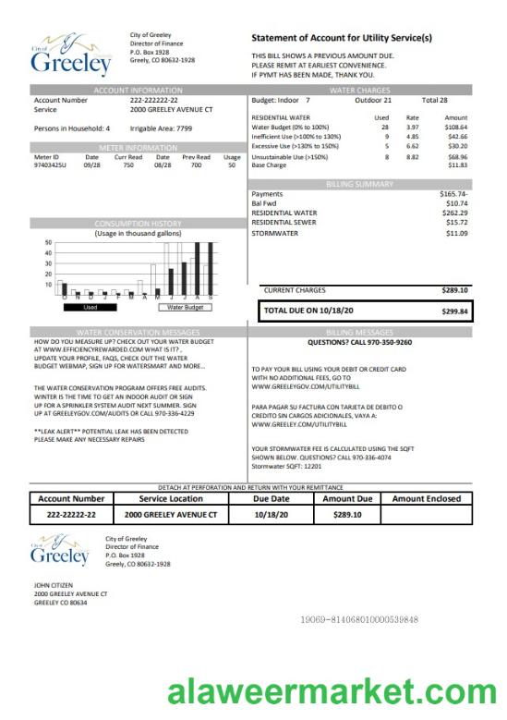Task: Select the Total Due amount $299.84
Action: [455, 311]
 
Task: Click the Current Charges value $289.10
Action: [455, 289]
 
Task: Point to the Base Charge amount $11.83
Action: [457, 165]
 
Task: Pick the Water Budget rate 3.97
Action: [413, 127]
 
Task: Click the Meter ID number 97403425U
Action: [51, 165]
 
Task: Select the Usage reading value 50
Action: [232, 165]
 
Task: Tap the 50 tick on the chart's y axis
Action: [48, 242]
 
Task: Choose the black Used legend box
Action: [91, 307]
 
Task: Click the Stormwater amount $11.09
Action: [456, 233]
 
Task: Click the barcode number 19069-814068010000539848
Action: [360, 618]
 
